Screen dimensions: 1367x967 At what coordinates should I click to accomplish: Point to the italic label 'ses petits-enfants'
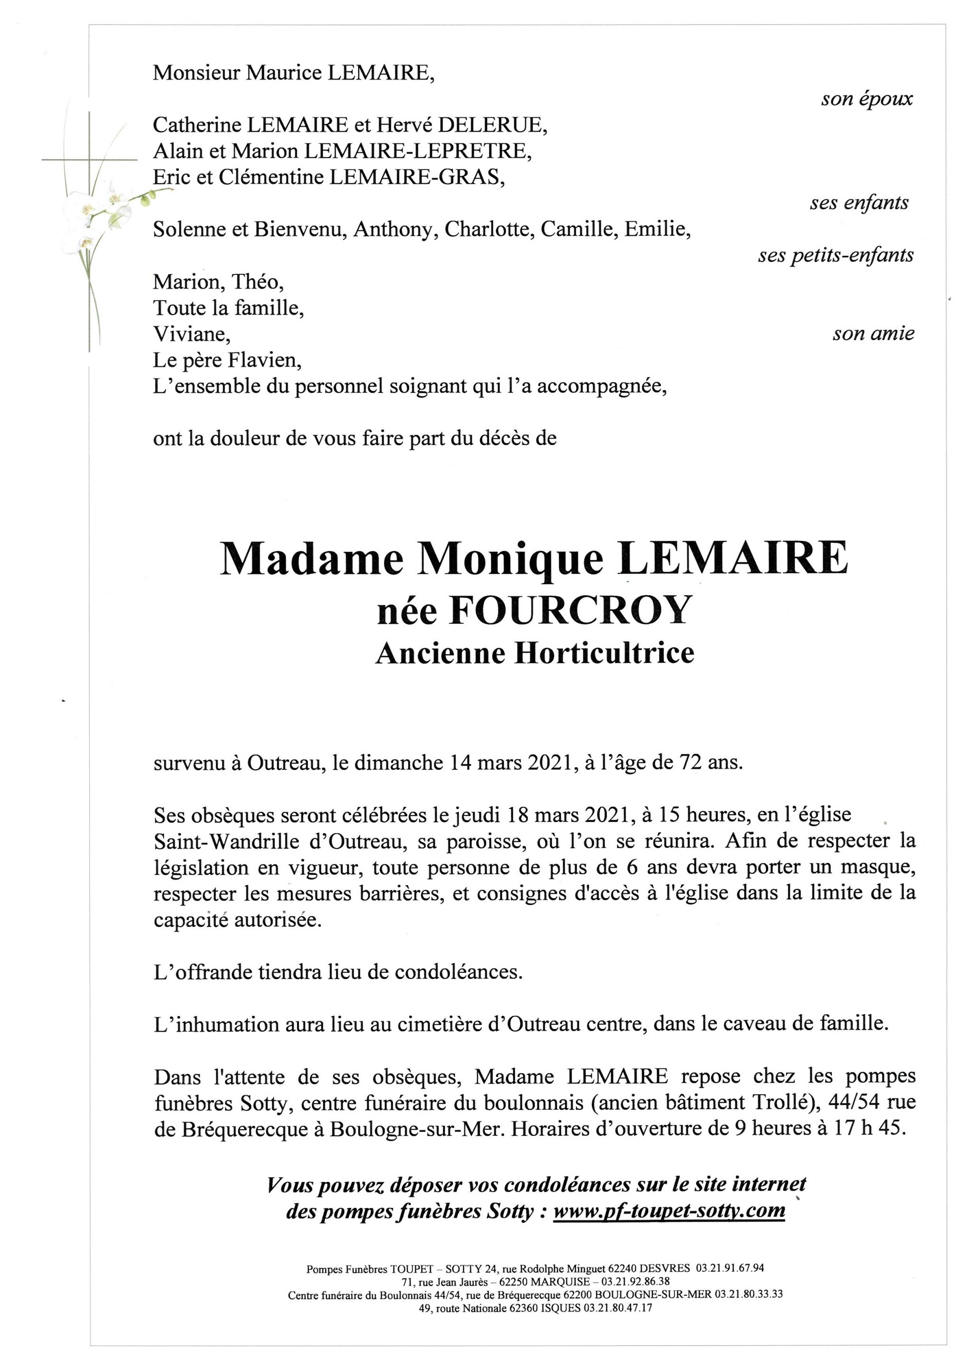tap(836, 255)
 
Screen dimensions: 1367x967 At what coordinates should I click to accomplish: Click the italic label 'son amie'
tap(873, 334)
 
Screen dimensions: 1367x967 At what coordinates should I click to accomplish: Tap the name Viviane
tap(190, 334)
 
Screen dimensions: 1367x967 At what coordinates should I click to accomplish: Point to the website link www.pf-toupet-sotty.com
tap(669, 1211)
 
